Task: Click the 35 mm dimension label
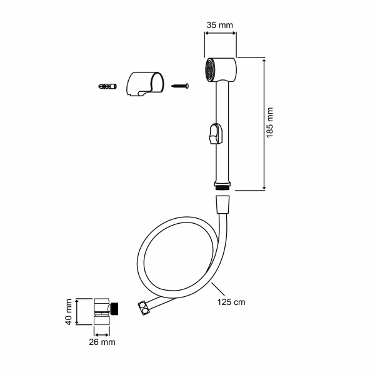220,25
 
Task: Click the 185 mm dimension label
271,124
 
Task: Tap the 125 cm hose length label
231,302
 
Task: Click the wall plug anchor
107,84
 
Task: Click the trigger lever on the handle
214,133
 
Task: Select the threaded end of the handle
223,185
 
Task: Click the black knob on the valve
116,308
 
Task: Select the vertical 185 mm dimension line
264,124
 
